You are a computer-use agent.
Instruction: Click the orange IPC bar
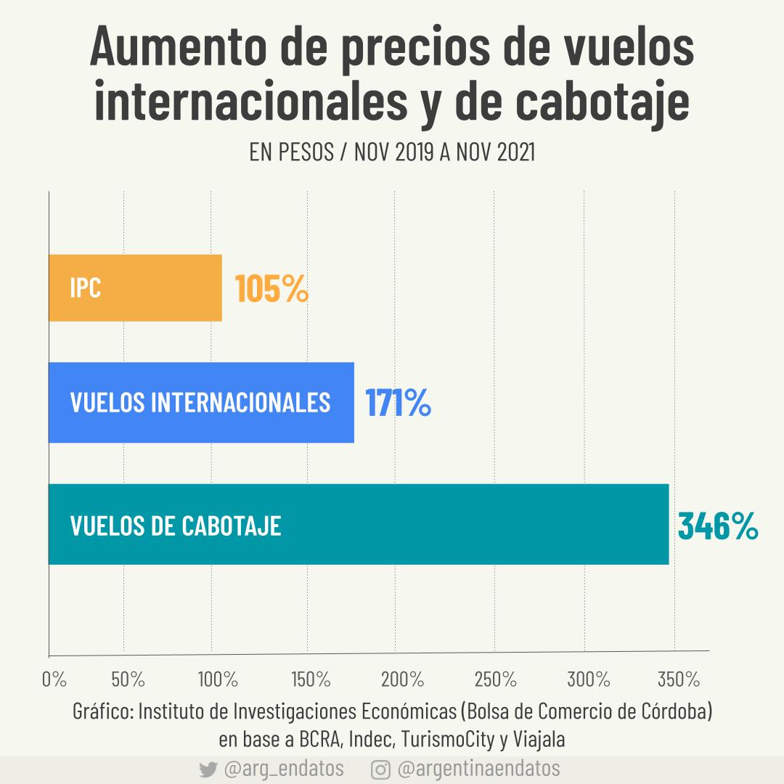[135, 287]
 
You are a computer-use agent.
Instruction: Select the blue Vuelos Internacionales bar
[201, 402]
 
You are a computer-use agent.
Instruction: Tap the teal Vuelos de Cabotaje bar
[358, 524]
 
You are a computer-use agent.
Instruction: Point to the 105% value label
[272, 290]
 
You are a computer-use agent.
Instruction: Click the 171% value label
[398, 404]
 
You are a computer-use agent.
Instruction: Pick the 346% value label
[718, 526]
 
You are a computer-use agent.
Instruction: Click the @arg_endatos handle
[284, 769]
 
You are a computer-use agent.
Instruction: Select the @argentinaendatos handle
[479, 769]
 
